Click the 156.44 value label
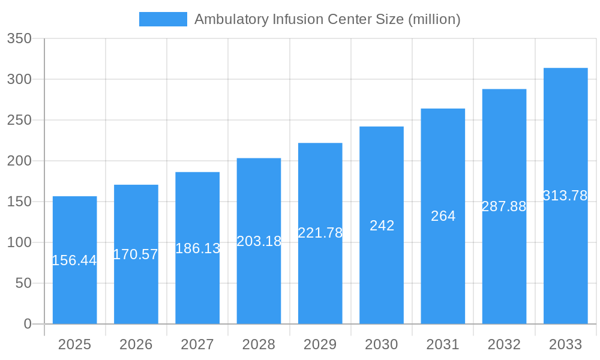(74, 260)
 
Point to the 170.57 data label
(136, 254)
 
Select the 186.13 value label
(197, 248)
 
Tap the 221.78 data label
(320, 233)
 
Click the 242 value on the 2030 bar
(382, 226)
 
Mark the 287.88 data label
(504, 206)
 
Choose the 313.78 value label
(565, 196)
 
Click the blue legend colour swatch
(163, 19)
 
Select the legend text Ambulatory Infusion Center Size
(327, 19)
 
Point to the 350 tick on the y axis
(19, 38)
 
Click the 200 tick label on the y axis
(19, 161)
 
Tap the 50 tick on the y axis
(23, 283)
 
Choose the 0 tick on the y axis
(28, 324)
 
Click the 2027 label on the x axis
(197, 344)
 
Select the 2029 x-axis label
(320, 344)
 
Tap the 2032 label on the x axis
(504, 344)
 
